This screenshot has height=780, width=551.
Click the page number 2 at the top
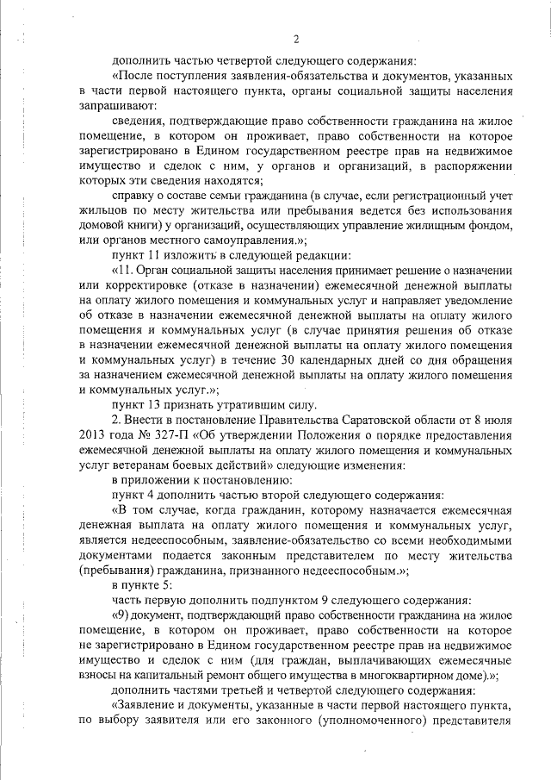[295, 39]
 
